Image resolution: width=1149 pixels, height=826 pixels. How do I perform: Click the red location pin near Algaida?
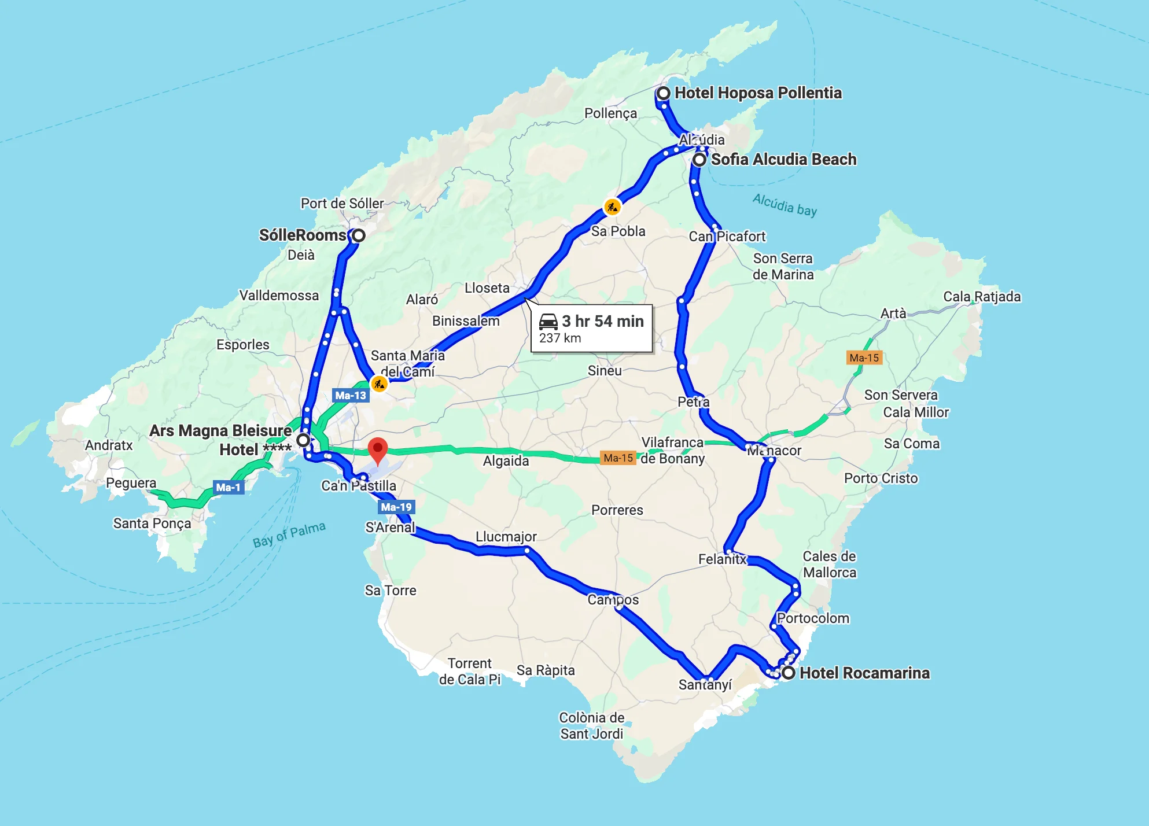coord(378,449)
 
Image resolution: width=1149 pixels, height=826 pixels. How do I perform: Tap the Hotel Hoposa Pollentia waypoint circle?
coord(664,93)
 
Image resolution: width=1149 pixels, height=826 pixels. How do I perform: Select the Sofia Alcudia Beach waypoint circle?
coord(699,160)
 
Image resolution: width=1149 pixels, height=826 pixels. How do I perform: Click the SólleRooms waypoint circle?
coord(359,235)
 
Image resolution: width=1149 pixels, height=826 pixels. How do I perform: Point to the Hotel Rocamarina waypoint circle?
coord(788,673)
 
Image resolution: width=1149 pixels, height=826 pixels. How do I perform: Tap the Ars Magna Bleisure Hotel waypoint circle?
coord(303,440)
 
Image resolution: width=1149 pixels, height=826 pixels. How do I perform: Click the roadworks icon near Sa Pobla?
coord(612,207)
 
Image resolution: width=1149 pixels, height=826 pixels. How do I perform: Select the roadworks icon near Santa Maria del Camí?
coord(379,384)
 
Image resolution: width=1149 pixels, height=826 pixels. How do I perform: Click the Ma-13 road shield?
coord(351,396)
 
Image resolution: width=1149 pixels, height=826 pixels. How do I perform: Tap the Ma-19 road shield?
coord(396,507)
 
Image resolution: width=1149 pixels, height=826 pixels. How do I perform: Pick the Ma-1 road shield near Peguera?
coord(228,488)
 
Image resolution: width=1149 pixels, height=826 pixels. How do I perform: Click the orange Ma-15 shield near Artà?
coord(864,357)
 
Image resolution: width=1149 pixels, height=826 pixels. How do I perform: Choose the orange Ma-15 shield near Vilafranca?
coord(618,458)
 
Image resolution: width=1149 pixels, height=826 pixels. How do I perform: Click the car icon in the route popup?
coord(548,321)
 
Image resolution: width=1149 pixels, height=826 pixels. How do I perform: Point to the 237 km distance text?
coord(559,338)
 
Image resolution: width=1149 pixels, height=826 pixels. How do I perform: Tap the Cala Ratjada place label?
coord(982,297)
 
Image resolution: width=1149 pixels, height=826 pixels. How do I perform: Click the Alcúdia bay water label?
coord(785,205)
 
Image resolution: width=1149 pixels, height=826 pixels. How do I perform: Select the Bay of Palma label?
coord(289,534)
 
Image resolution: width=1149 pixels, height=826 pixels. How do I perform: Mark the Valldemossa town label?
coord(279,296)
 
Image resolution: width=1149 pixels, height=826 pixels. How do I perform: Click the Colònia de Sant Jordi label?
coord(591,726)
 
